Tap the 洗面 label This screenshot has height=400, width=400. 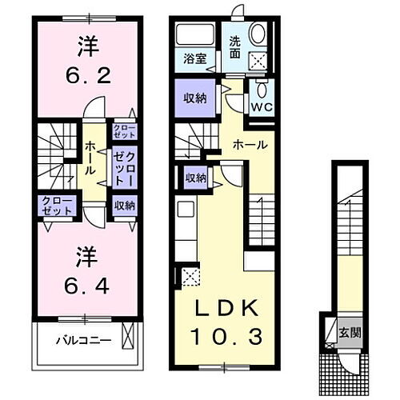(236, 47)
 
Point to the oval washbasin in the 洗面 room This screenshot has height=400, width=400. (258, 33)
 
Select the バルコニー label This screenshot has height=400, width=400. (83, 340)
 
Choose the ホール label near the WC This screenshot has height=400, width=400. (250, 145)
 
